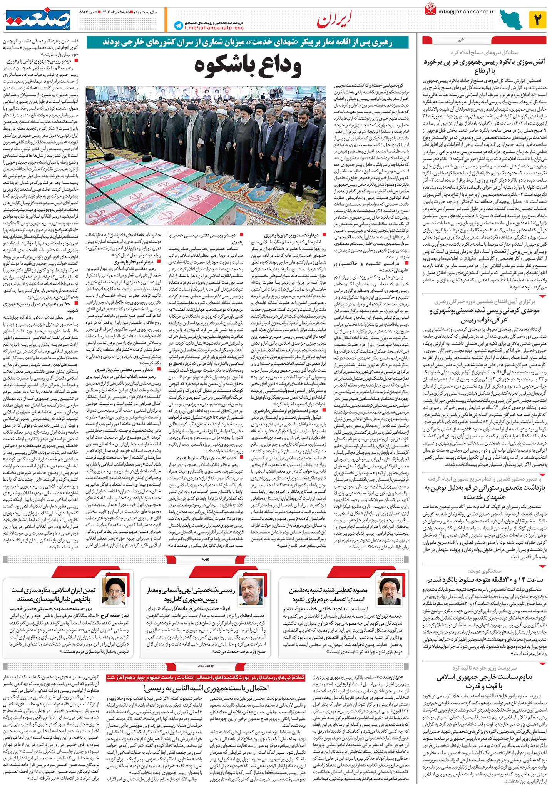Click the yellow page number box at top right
[x=537, y=20]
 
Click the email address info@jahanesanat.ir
[x=466, y=12]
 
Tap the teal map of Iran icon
[x=510, y=20]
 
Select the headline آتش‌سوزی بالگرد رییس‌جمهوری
[x=485, y=66]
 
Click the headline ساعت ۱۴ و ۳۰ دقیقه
[x=485, y=579]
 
